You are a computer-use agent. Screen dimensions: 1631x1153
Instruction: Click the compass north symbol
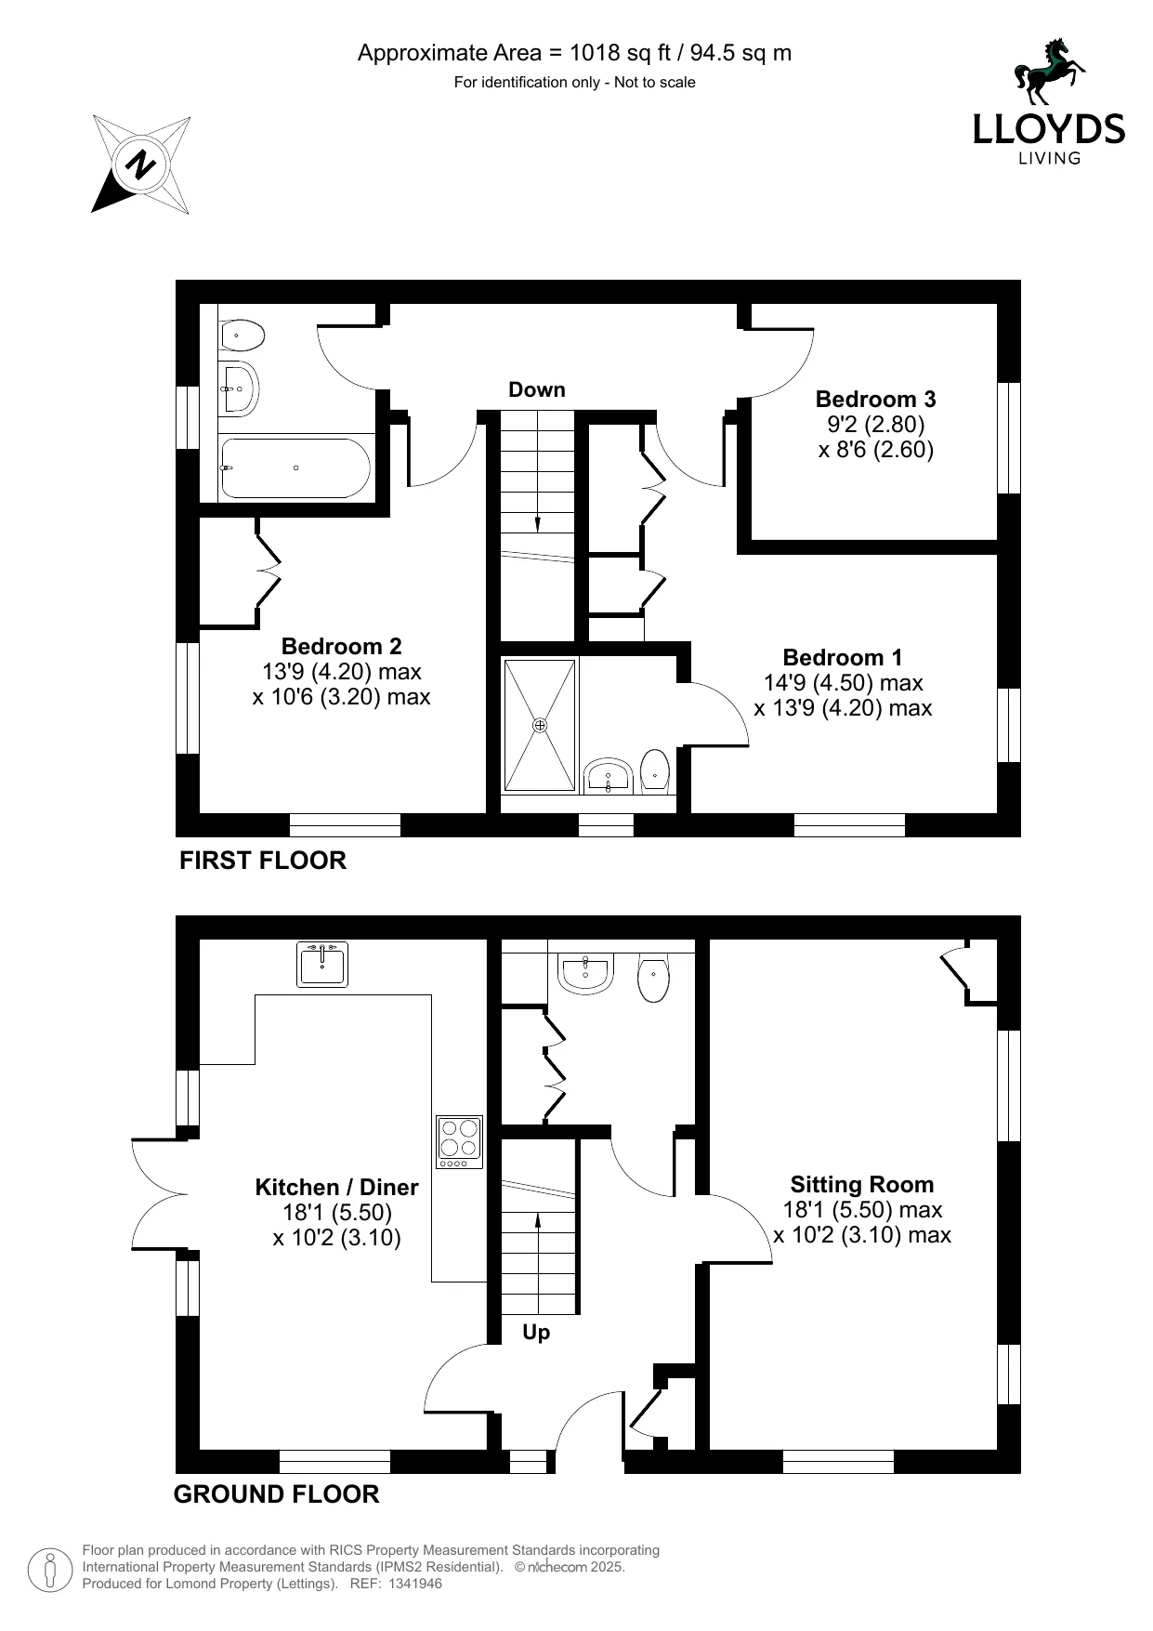(x=141, y=165)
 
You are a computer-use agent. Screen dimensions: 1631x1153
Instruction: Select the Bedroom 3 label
(x=875, y=400)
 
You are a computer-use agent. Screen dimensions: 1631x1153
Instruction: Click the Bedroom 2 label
(x=341, y=646)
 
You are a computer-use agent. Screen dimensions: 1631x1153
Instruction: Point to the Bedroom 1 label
(x=842, y=658)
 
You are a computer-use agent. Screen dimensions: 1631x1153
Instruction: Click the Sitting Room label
(x=861, y=1185)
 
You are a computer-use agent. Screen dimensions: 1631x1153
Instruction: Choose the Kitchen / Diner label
(x=336, y=1188)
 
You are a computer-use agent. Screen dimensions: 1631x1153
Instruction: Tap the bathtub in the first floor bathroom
(x=295, y=468)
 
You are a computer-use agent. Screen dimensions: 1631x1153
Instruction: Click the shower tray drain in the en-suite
(x=540, y=724)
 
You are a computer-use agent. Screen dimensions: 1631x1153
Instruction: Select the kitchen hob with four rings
(x=460, y=1141)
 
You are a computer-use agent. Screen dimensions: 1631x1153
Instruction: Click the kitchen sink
(x=322, y=964)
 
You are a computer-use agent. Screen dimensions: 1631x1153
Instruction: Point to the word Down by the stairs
(x=536, y=390)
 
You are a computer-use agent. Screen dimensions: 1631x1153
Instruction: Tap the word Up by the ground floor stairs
(x=536, y=1333)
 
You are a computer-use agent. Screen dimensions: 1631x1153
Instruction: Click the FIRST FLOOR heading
(x=262, y=861)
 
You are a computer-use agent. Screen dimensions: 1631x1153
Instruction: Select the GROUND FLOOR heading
(x=276, y=1494)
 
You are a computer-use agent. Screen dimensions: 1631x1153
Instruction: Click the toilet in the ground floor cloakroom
(x=654, y=979)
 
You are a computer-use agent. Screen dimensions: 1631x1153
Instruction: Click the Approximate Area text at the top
(x=574, y=53)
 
